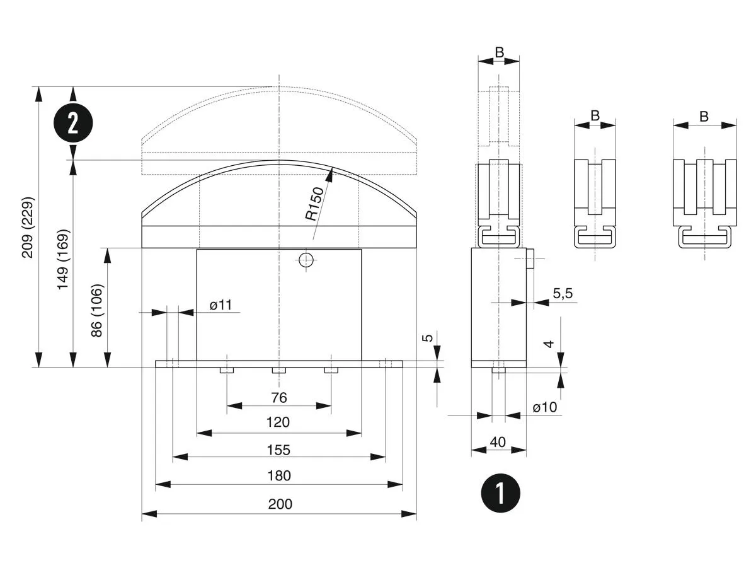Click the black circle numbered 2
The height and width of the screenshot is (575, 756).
pyautogui.click(x=73, y=124)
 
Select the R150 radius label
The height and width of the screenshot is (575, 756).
pyautogui.click(x=314, y=204)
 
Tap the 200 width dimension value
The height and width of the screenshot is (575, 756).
pyautogui.click(x=279, y=504)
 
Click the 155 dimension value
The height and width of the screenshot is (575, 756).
pyautogui.click(x=279, y=450)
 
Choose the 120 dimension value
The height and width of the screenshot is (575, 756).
pyautogui.click(x=279, y=422)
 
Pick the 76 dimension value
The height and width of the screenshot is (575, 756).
pyautogui.click(x=279, y=397)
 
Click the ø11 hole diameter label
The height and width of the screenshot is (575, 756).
pyautogui.click(x=221, y=305)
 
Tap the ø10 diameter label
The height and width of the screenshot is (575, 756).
pyautogui.click(x=545, y=407)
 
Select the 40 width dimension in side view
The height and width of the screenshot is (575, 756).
pyautogui.click(x=498, y=442)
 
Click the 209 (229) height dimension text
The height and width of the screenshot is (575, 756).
pyautogui.click(x=28, y=228)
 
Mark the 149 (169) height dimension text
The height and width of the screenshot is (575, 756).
pyautogui.click(x=63, y=259)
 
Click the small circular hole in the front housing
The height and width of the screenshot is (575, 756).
pyautogui.click(x=307, y=260)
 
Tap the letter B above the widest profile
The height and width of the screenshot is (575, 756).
pyautogui.click(x=704, y=117)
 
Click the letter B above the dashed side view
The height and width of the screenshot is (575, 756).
pyautogui.click(x=499, y=53)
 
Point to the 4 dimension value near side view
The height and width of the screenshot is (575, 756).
pyautogui.click(x=549, y=344)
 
